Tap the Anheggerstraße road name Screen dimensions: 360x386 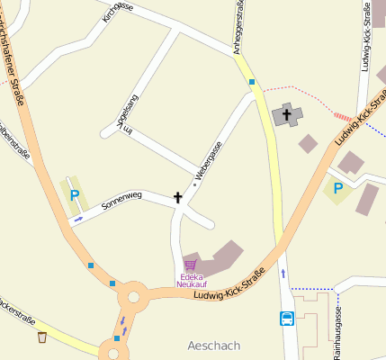pyautogui.click(x=240, y=27)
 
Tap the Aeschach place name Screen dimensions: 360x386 pyautogui.click(x=214, y=346)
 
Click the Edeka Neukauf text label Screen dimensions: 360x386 pyautogui.click(x=191, y=280)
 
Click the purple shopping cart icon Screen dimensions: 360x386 pyautogui.click(x=190, y=265)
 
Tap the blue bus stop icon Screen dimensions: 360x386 pyautogui.click(x=287, y=318)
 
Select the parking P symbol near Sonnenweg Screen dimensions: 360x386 pyautogui.click(x=75, y=194)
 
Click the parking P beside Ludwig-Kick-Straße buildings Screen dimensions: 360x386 pyautogui.click(x=338, y=188)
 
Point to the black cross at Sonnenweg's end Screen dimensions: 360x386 pyautogui.click(x=177, y=196)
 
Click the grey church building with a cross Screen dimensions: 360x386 pyautogui.click(x=288, y=114)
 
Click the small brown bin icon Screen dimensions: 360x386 pyautogui.click(x=42, y=337)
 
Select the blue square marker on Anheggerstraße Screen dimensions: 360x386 pyautogui.click(x=252, y=82)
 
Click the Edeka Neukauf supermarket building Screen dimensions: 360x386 pyautogui.click(x=216, y=257)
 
